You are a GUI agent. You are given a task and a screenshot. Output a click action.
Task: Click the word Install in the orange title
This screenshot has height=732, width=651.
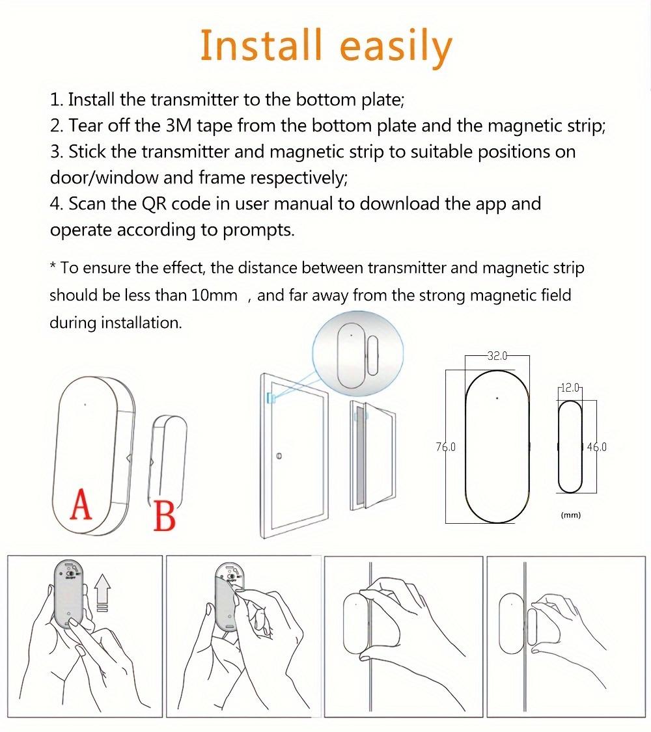click(260, 46)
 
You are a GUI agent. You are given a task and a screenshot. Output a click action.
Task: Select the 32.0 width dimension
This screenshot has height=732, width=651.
click(497, 356)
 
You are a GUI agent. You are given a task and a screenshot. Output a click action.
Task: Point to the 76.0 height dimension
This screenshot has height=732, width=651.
click(446, 447)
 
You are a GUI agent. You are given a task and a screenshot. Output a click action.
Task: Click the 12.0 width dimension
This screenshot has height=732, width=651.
click(570, 388)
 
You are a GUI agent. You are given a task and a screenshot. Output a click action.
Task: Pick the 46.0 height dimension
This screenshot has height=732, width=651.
click(596, 447)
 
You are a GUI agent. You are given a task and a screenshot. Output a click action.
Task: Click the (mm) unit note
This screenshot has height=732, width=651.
click(570, 515)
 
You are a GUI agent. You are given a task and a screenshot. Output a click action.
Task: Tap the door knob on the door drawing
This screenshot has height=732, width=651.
click(279, 455)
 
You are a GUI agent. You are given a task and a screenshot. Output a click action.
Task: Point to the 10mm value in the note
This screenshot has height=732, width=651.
click(214, 295)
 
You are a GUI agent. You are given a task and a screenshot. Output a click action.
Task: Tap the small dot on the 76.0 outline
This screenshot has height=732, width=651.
click(497, 398)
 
